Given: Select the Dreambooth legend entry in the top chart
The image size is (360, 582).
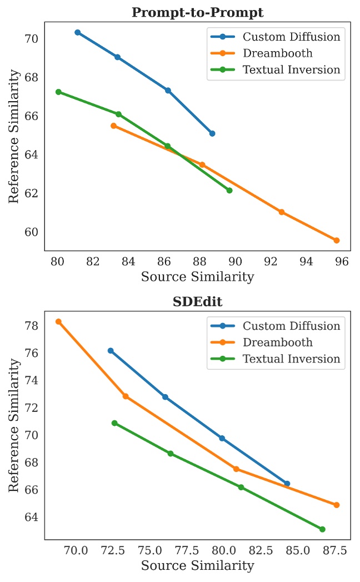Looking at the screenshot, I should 277,53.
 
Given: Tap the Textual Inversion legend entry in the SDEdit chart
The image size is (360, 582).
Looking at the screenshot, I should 291,359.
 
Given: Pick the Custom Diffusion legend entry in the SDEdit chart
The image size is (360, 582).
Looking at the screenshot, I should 291,326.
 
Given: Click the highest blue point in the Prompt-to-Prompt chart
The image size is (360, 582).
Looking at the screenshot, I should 78,32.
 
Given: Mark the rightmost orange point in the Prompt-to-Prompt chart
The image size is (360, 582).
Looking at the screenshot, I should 336,240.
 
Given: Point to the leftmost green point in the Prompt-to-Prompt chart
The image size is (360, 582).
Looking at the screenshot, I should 58,92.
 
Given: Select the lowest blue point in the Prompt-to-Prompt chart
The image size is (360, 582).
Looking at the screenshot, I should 212,133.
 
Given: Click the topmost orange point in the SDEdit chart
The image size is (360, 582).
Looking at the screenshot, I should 58,321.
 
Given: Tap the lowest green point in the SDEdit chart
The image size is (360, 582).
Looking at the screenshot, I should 322,529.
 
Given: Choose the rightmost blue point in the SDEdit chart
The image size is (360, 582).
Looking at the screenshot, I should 287,484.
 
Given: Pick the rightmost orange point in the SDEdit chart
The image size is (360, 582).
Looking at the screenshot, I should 337,505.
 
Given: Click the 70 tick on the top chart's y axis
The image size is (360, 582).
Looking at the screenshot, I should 31,39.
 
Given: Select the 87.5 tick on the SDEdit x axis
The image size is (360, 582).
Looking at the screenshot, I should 335,550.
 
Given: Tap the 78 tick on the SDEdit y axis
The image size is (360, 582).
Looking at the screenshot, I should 31,325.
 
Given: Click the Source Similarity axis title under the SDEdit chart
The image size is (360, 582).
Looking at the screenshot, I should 197,566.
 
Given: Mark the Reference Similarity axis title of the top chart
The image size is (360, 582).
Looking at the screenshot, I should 14,136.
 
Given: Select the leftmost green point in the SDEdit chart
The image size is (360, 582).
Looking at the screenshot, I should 114,423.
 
